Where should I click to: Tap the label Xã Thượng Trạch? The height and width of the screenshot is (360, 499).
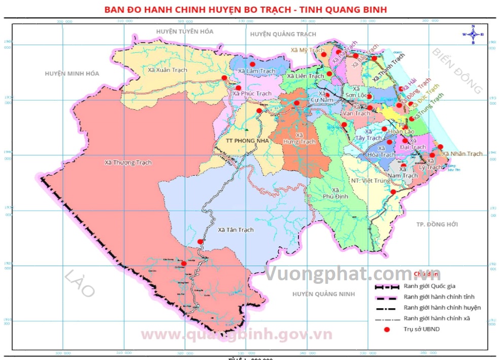128,162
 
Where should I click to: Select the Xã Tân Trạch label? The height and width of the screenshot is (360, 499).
235,230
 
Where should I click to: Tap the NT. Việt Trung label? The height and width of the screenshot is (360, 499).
370,180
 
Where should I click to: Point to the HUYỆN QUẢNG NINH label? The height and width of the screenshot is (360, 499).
322,294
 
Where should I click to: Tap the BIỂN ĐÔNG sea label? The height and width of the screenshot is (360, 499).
457,71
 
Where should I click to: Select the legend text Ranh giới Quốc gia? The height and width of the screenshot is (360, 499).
429,286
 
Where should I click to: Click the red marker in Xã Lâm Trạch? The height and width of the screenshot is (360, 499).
252,64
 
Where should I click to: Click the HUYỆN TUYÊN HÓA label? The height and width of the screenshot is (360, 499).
185,31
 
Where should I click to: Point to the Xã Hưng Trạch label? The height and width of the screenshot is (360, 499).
300,138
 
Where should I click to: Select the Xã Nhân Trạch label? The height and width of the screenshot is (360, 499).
462,154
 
